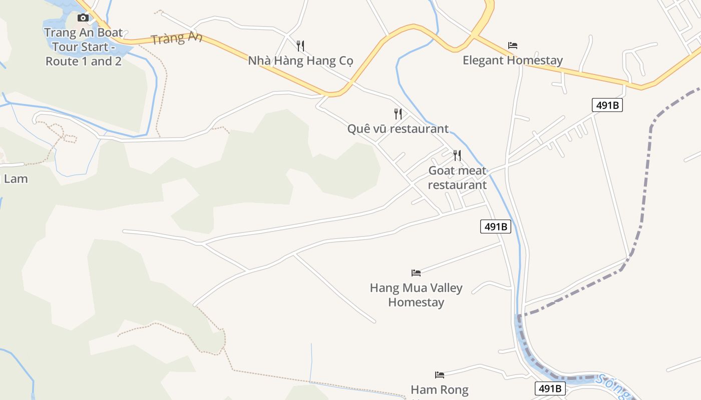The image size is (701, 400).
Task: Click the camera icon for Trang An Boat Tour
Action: pos(83,18)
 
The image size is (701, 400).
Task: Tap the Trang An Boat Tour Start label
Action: pos(84,47)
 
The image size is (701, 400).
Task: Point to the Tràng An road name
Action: pos(176,38)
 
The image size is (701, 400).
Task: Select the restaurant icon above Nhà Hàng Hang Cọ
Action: pos(300,46)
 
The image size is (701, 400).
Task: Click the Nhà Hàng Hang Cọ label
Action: pos(300,61)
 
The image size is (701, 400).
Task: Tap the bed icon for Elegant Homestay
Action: pos(513,45)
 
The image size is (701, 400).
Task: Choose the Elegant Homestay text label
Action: pos(513,60)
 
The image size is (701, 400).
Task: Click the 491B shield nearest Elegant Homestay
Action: pos(607,105)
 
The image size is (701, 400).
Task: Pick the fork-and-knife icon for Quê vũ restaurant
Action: pos(398,114)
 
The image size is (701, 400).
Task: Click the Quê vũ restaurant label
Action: pos(398,128)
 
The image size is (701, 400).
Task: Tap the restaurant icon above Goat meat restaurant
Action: pos(457,155)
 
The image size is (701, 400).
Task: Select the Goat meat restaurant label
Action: pos(457,177)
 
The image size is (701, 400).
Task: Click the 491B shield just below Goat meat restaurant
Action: pos(496,226)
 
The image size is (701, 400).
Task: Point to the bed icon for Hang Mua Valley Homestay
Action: pos(416,273)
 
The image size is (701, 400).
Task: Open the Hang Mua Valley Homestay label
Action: pos(416,295)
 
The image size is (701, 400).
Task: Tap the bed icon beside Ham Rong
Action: pos(440,374)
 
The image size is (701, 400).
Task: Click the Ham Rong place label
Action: pos(440,389)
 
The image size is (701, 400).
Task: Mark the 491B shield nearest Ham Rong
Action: pos(550,388)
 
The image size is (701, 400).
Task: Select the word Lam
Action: pos(16,178)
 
